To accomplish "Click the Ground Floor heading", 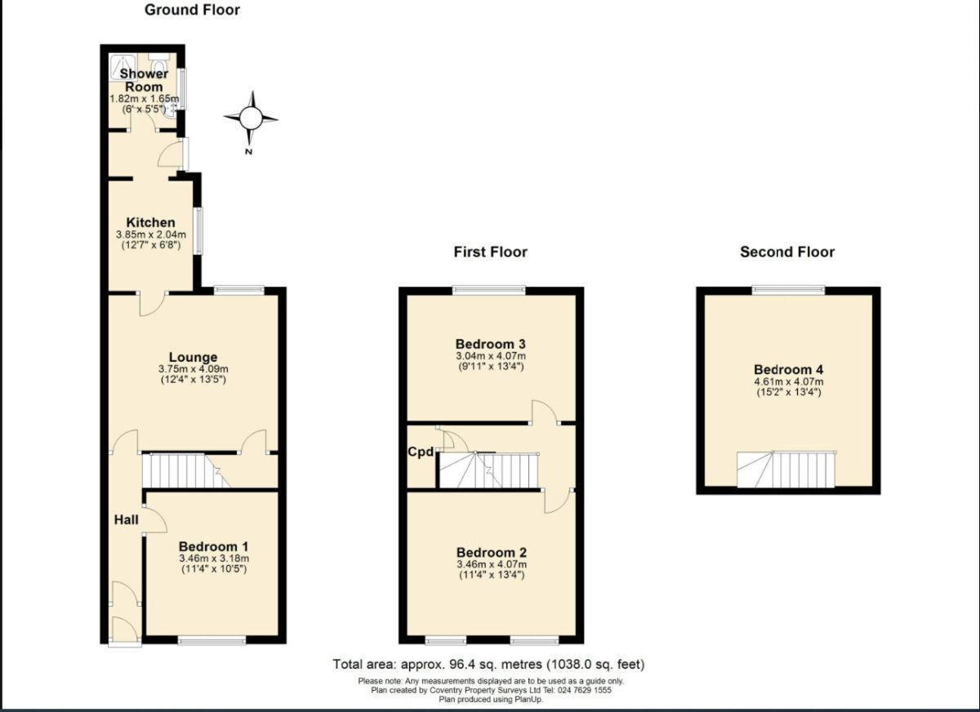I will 192,11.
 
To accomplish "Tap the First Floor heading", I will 490,252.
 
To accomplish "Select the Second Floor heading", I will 787,252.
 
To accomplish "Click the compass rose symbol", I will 251,119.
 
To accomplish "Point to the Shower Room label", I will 144,80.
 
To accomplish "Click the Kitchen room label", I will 150,223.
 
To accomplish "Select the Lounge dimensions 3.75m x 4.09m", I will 193,369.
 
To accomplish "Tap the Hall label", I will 126,519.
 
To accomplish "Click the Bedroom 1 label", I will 214,546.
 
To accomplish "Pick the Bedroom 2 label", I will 491,552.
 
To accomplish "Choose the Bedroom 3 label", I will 491,344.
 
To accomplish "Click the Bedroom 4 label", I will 788,369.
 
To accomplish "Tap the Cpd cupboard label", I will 421,452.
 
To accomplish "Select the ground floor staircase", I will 185,471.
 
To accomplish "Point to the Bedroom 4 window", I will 788,288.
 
